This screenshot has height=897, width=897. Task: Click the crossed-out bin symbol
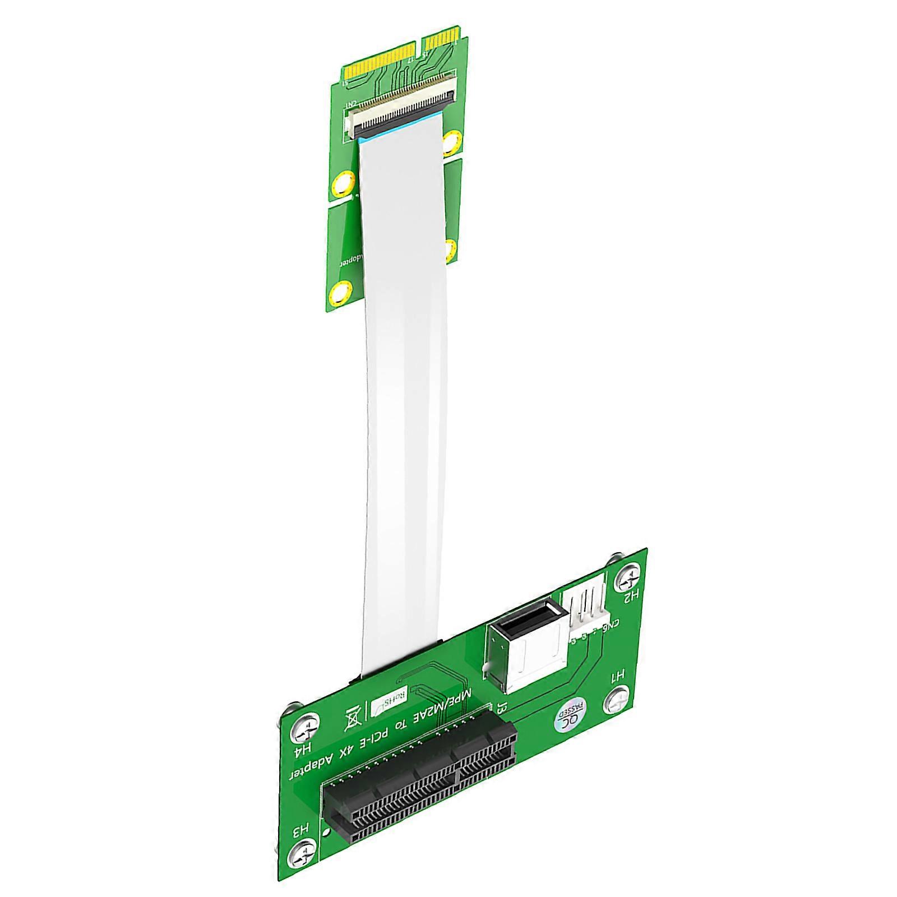(353, 718)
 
